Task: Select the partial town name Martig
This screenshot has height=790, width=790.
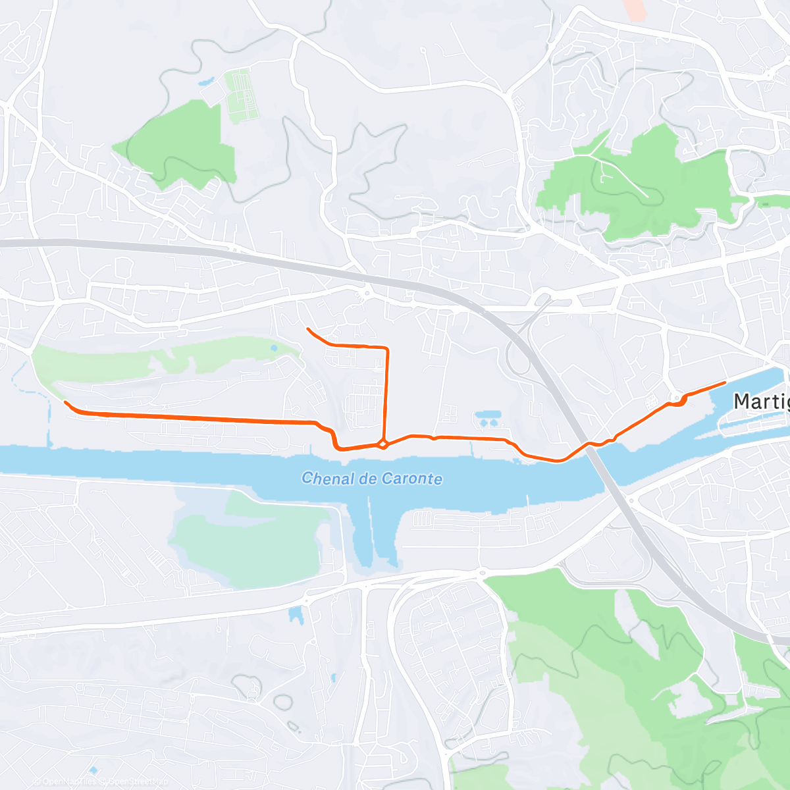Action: click(761, 401)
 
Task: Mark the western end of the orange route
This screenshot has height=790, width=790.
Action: click(65, 402)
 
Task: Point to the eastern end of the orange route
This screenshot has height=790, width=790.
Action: click(725, 382)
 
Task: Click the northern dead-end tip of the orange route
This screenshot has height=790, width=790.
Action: click(307, 328)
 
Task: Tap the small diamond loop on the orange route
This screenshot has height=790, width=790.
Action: click(382, 444)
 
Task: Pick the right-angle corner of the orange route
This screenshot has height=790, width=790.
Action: click(387, 347)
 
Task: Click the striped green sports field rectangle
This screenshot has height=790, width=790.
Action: click(240, 96)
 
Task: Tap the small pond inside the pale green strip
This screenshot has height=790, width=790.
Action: click(274, 348)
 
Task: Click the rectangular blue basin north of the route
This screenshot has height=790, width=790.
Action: click(489, 417)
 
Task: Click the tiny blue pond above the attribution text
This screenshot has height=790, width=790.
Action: click(93, 770)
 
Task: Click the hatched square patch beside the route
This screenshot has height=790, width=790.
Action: click(652, 401)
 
